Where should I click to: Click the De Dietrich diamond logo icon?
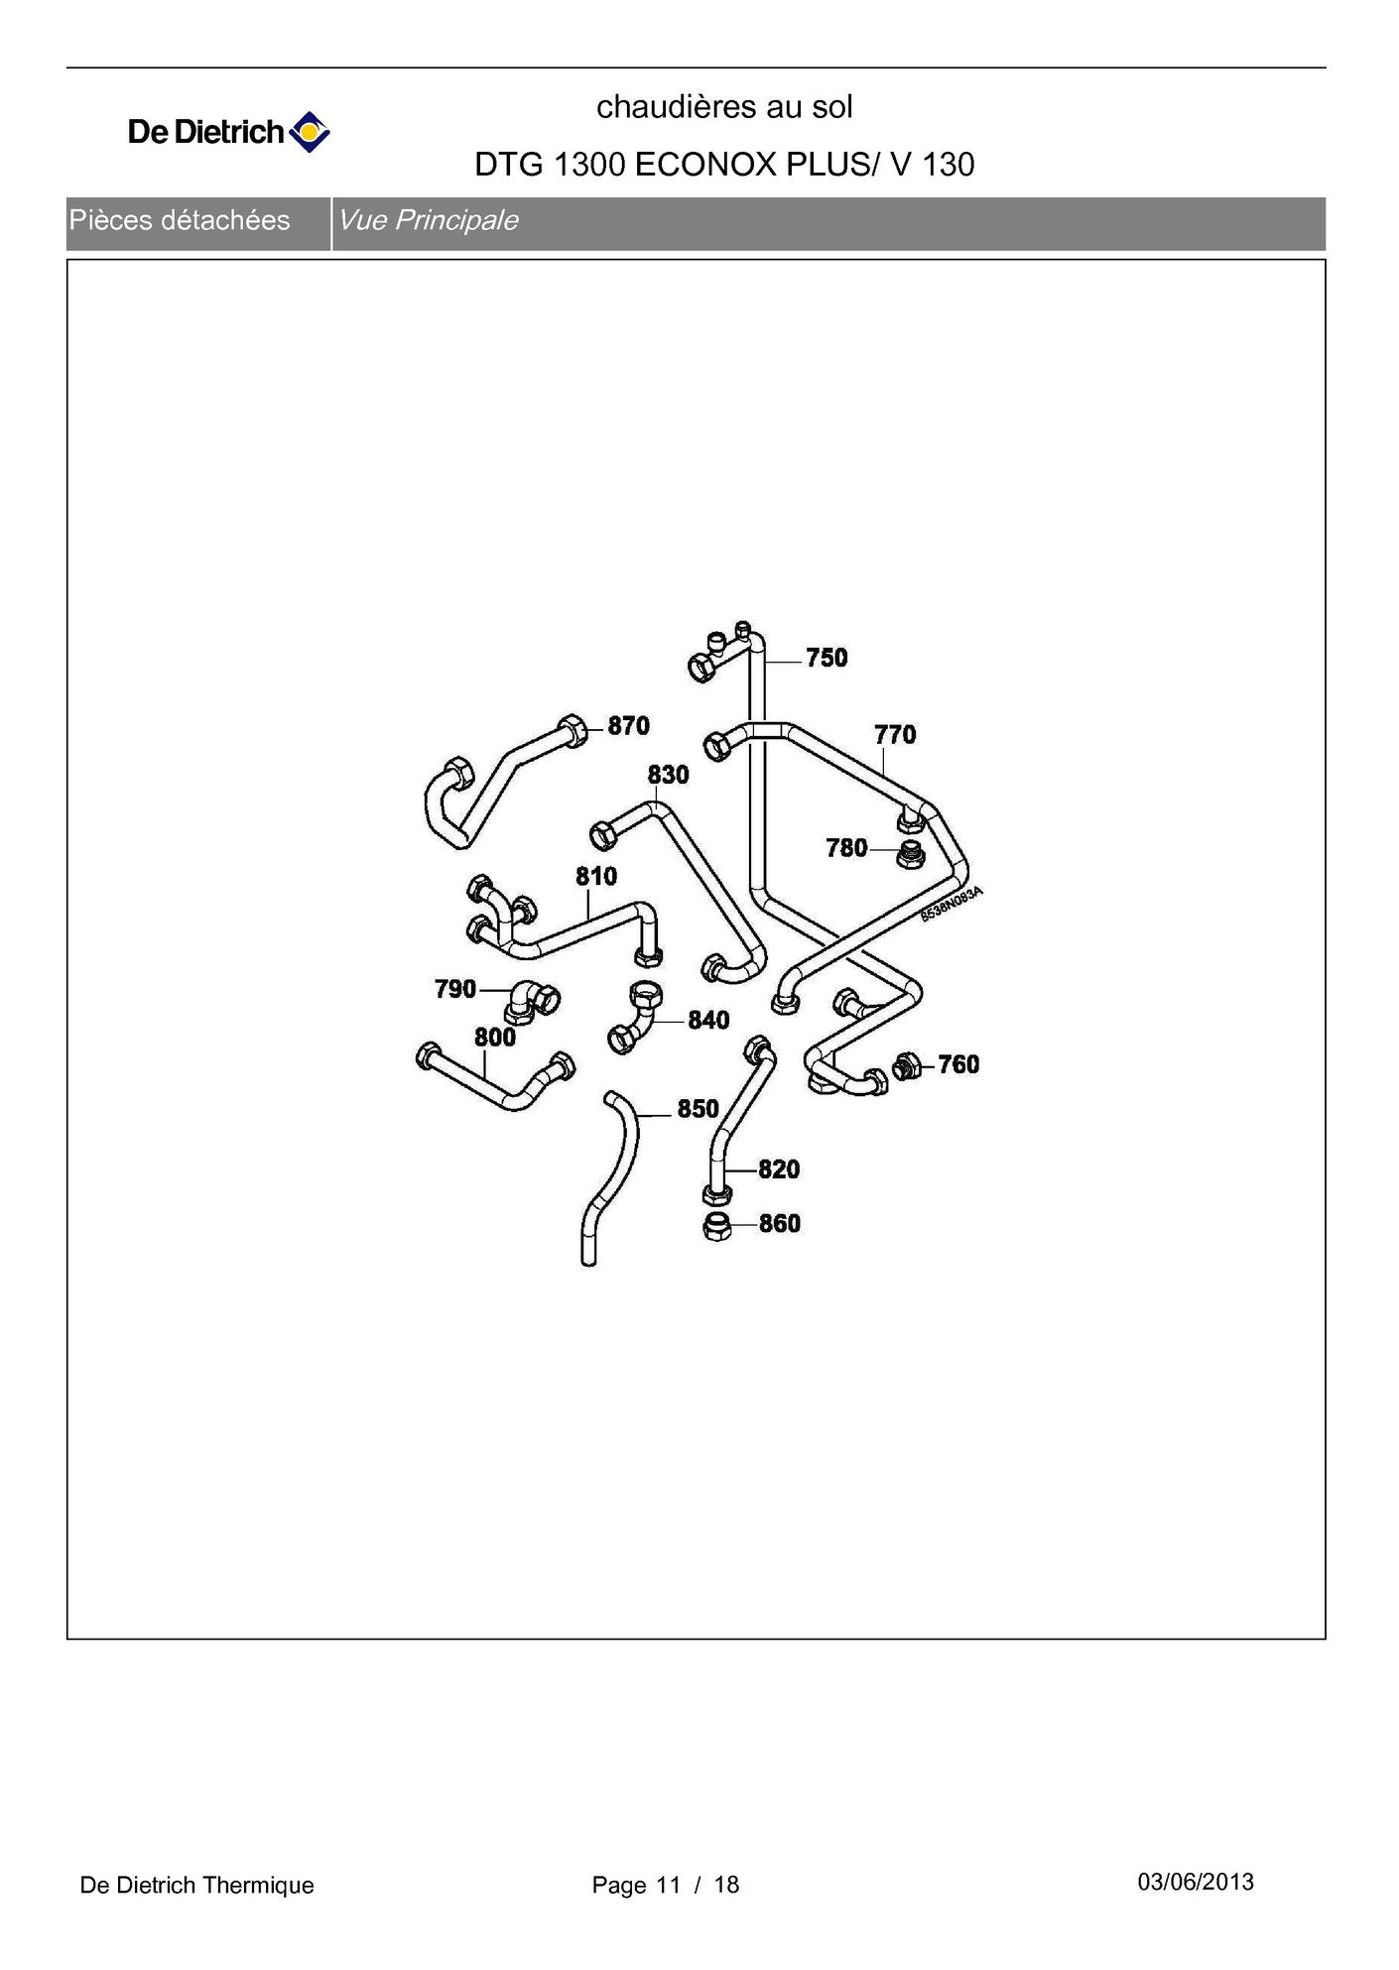(310, 131)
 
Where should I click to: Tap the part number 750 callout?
(827, 658)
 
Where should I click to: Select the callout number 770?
(895, 735)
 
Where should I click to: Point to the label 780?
(846, 848)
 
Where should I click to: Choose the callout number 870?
(628, 726)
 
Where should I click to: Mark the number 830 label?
(668, 775)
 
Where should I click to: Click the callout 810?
(596, 877)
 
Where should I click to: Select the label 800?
(494, 1038)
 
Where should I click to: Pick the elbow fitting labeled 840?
(635, 1018)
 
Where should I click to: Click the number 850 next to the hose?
(698, 1109)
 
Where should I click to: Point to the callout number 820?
(779, 1170)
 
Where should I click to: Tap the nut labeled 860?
(716, 1226)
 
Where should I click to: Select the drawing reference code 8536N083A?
(952, 904)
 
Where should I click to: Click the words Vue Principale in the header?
(428, 220)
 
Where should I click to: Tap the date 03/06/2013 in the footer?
(1196, 1882)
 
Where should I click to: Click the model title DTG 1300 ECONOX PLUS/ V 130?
(724, 164)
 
